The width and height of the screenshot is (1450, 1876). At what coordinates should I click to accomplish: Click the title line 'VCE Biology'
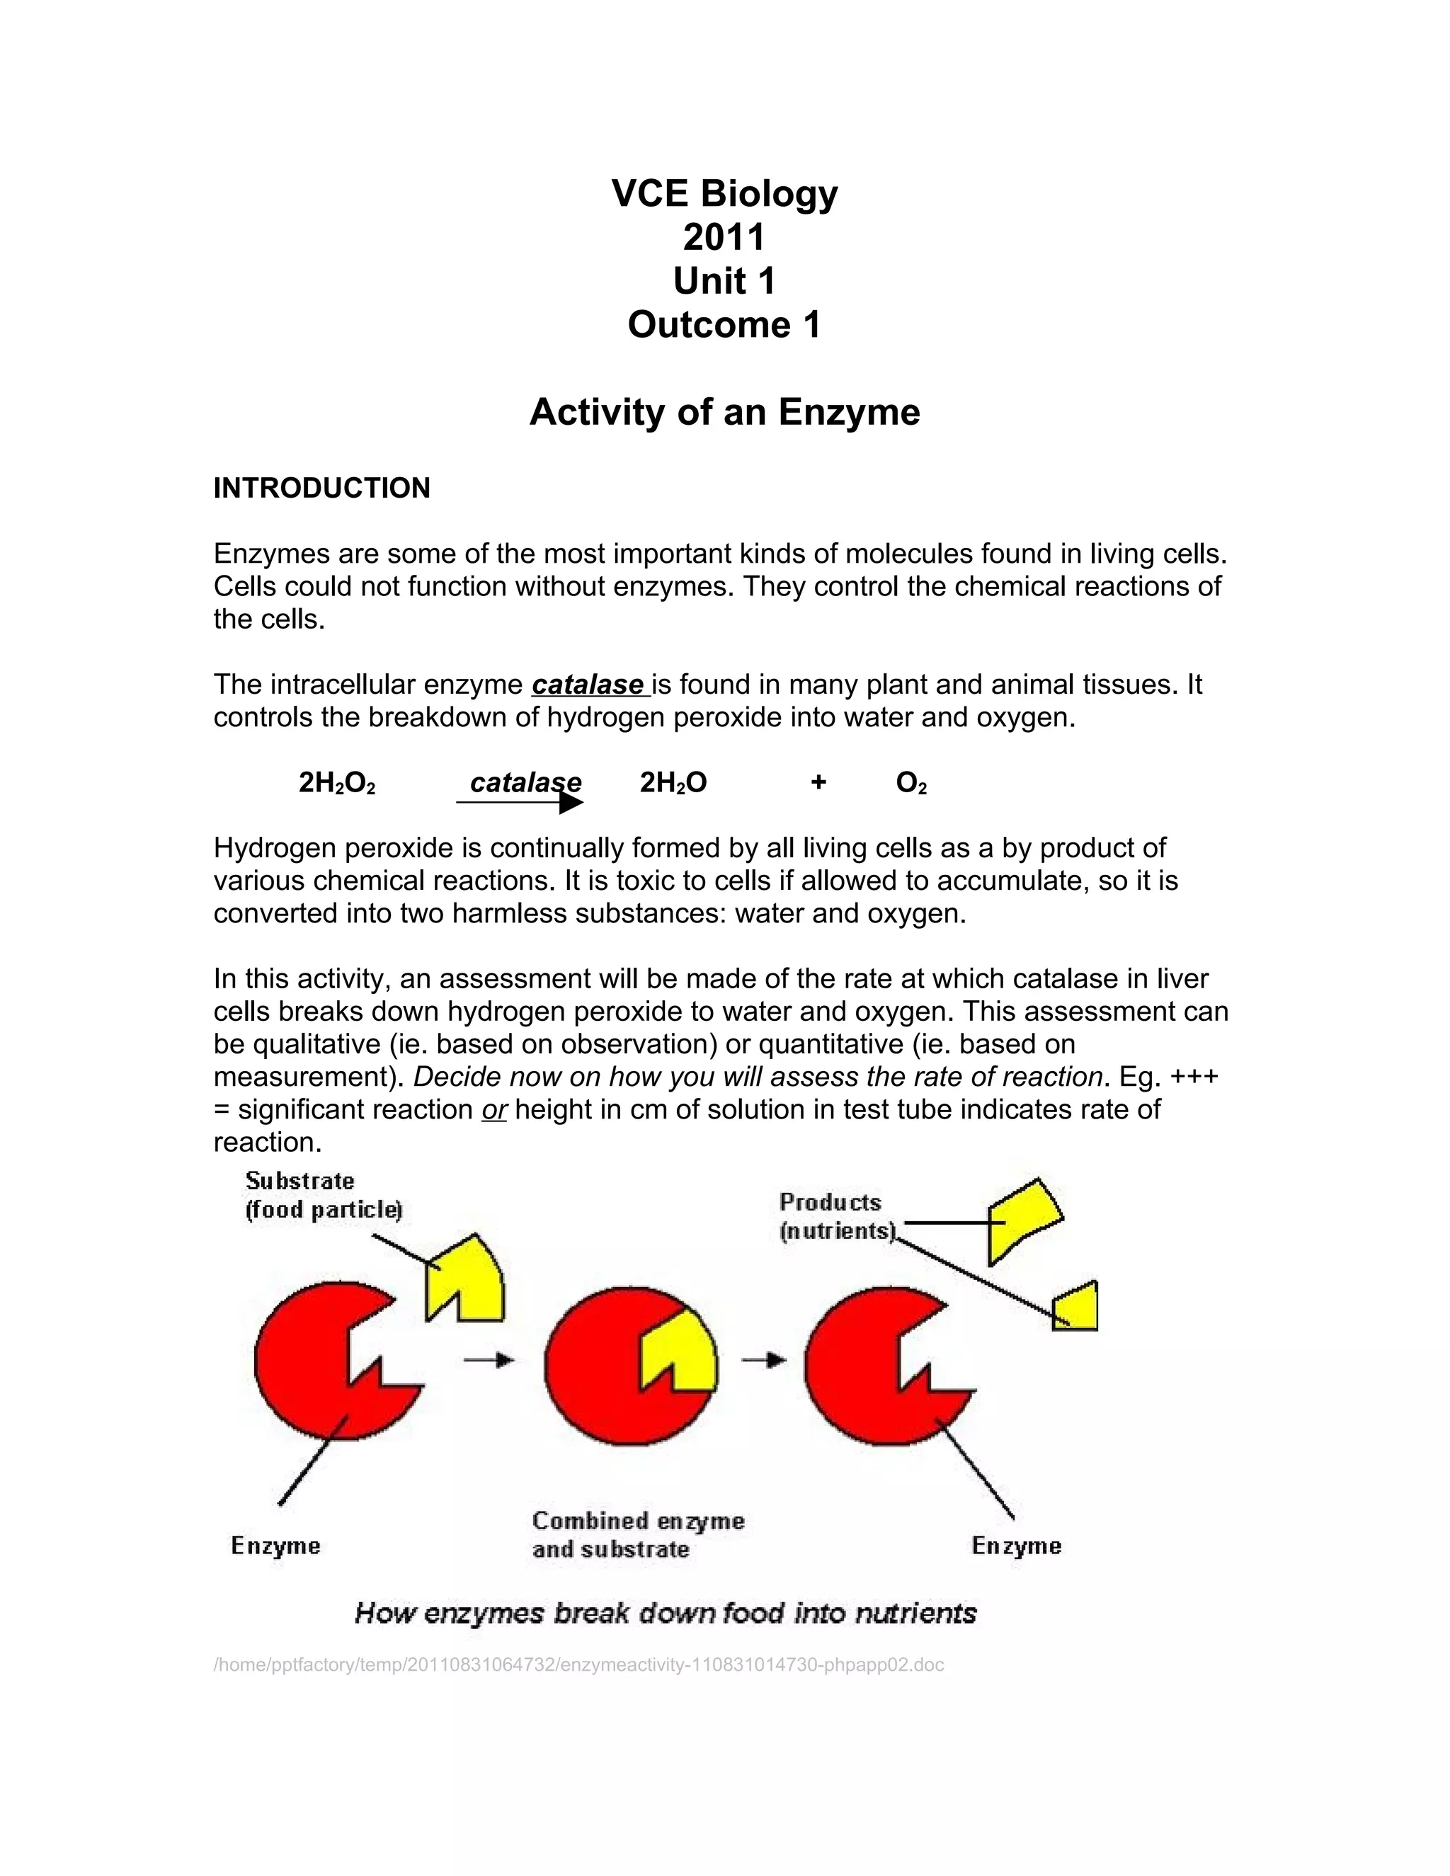[724, 194]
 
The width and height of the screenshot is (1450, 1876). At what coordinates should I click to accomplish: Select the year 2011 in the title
[724, 238]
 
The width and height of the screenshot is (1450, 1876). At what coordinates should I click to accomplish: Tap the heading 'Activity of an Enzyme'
[724, 412]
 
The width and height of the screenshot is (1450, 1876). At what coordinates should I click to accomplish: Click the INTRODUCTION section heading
[321, 488]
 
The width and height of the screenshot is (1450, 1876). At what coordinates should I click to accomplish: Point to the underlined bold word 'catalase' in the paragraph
[588, 685]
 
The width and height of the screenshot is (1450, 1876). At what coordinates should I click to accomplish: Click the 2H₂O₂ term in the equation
[337, 782]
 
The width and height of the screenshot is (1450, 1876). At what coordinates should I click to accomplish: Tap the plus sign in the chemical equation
[818, 782]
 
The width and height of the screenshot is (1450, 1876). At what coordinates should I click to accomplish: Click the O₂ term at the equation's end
[911, 782]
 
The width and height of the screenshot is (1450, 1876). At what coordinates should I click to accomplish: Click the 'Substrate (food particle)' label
[323, 1196]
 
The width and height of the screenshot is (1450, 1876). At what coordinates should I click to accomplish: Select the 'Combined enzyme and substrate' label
[637, 1535]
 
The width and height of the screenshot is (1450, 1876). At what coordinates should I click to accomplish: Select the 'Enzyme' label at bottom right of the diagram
[1016, 1546]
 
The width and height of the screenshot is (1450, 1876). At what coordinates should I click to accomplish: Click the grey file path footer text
[578, 1665]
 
